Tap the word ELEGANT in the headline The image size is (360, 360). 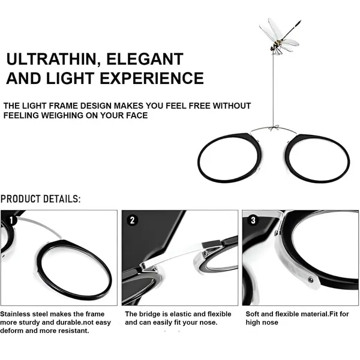tap(145, 59)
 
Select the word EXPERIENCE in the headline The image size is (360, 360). tap(152, 78)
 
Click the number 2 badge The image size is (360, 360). tap(133, 220)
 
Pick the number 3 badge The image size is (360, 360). tap(253, 220)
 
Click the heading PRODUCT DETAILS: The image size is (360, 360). tap(41, 199)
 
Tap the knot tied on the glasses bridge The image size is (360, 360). tap(273, 128)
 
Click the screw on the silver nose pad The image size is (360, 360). tap(311, 280)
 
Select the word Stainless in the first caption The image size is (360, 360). tap(16, 314)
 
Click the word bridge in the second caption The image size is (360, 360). tap(149, 314)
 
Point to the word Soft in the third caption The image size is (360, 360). tap(253, 314)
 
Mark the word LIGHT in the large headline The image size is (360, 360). tap(70, 78)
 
